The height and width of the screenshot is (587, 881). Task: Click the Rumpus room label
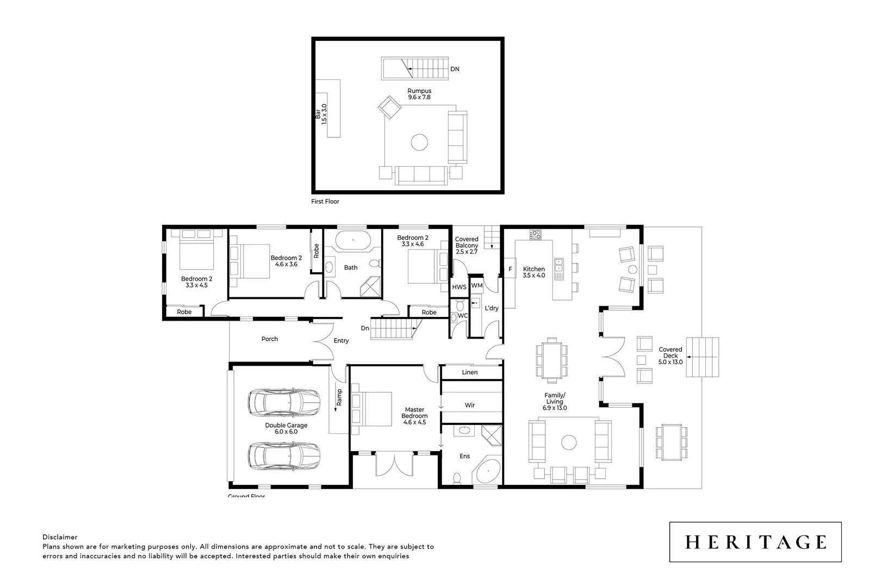[419, 94]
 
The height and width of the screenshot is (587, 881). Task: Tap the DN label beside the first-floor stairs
[455, 69]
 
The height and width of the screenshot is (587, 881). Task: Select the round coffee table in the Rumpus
[419, 142]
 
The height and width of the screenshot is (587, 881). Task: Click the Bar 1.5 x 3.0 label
[321, 115]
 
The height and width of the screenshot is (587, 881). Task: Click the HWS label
[459, 286]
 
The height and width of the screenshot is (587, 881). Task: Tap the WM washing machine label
[477, 285]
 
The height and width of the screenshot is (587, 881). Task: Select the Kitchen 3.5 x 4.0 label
[533, 272]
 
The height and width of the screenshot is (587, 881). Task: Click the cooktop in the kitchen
[536, 235]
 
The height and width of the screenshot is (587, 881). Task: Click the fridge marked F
[510, 269]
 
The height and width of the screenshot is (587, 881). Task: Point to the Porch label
[270, 339]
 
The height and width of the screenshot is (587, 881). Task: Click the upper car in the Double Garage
[283, 402]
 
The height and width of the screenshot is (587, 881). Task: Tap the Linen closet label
[470, 372]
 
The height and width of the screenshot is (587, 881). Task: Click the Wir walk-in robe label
[470, 405]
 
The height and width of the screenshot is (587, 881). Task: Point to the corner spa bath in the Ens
[488, 471]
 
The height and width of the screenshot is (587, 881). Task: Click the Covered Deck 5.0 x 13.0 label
[670, 356]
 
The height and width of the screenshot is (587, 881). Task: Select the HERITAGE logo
[755, 542]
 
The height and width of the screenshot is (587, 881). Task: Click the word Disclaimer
[60, 537]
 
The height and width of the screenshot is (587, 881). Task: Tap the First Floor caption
[325, 202]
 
